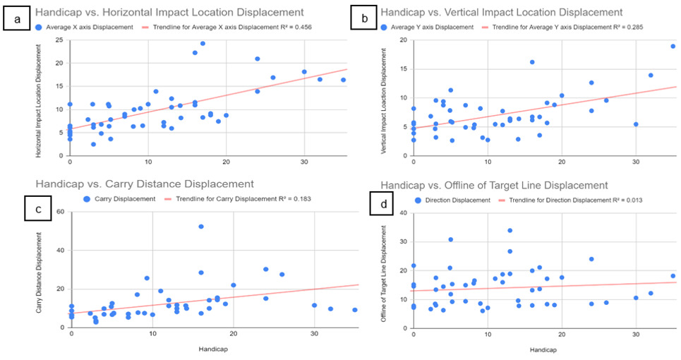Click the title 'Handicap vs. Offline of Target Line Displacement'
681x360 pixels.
494,185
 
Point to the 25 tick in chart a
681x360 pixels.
59,40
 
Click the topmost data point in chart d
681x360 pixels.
510,230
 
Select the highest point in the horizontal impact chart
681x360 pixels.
203,43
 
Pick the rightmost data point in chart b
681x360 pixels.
673,47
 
